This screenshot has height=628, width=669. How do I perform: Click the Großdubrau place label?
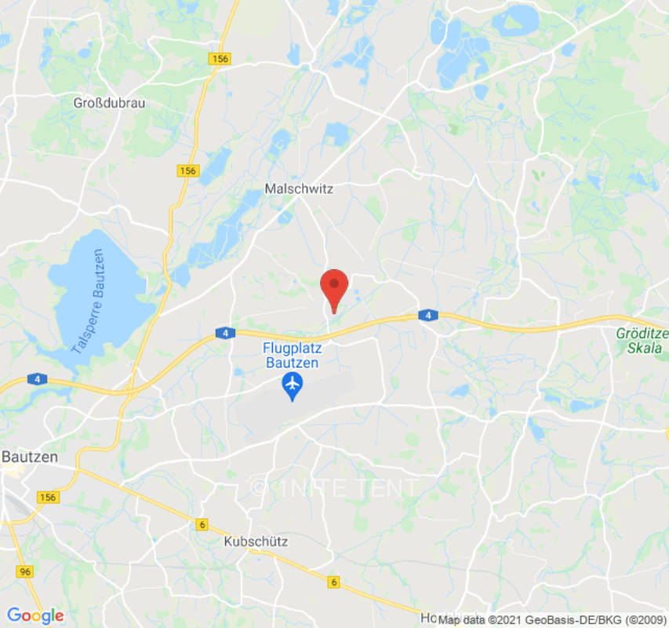[109, 103]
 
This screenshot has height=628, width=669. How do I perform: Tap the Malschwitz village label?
[299, 189]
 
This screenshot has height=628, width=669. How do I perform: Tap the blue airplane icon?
[292, 384]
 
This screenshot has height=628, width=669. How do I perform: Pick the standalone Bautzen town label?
[29, 456]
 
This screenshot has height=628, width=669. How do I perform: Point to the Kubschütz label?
[256, 542]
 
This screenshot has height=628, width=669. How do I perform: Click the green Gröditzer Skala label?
[639, 340]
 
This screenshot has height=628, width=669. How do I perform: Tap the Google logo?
[35, 615]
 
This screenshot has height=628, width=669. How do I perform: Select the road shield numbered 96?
[25, 571]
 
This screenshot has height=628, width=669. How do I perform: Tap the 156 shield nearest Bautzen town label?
[48, 497]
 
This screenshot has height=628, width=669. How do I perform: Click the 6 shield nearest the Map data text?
[334, 582]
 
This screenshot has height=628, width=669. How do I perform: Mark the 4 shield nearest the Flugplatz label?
[225, 334]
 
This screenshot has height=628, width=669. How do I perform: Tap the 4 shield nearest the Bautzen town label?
[37, 379]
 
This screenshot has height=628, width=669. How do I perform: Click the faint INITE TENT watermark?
[335, 487]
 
